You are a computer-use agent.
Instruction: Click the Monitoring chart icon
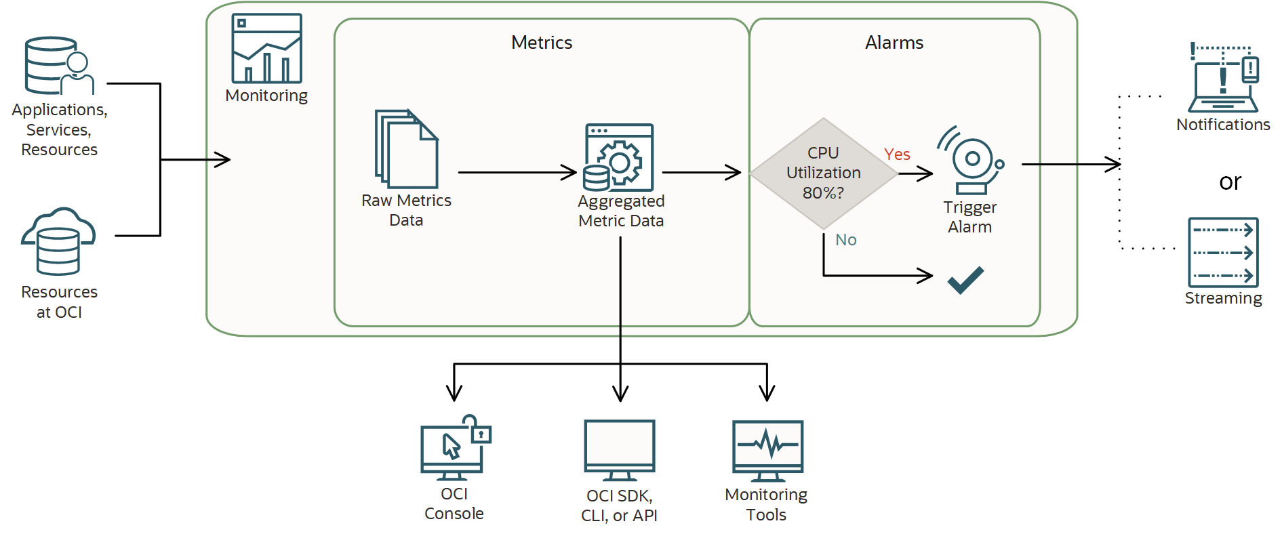266,49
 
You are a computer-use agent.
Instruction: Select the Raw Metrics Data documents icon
406,149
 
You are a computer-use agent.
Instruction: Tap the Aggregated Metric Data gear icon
619,158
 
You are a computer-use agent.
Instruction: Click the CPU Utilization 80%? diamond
823,173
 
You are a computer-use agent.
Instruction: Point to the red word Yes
897,155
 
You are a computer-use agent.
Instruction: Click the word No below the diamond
845,240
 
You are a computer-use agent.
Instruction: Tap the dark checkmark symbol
965,279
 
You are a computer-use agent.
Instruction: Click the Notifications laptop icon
1224,79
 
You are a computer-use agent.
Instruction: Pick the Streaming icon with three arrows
1223,252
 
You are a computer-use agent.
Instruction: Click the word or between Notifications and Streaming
1230,182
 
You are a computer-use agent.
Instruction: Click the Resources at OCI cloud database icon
58,241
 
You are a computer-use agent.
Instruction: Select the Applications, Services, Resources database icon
58,66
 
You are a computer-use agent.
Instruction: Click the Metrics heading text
542,43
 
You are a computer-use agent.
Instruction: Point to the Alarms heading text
894,43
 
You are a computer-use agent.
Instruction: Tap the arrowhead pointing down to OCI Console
454,393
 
